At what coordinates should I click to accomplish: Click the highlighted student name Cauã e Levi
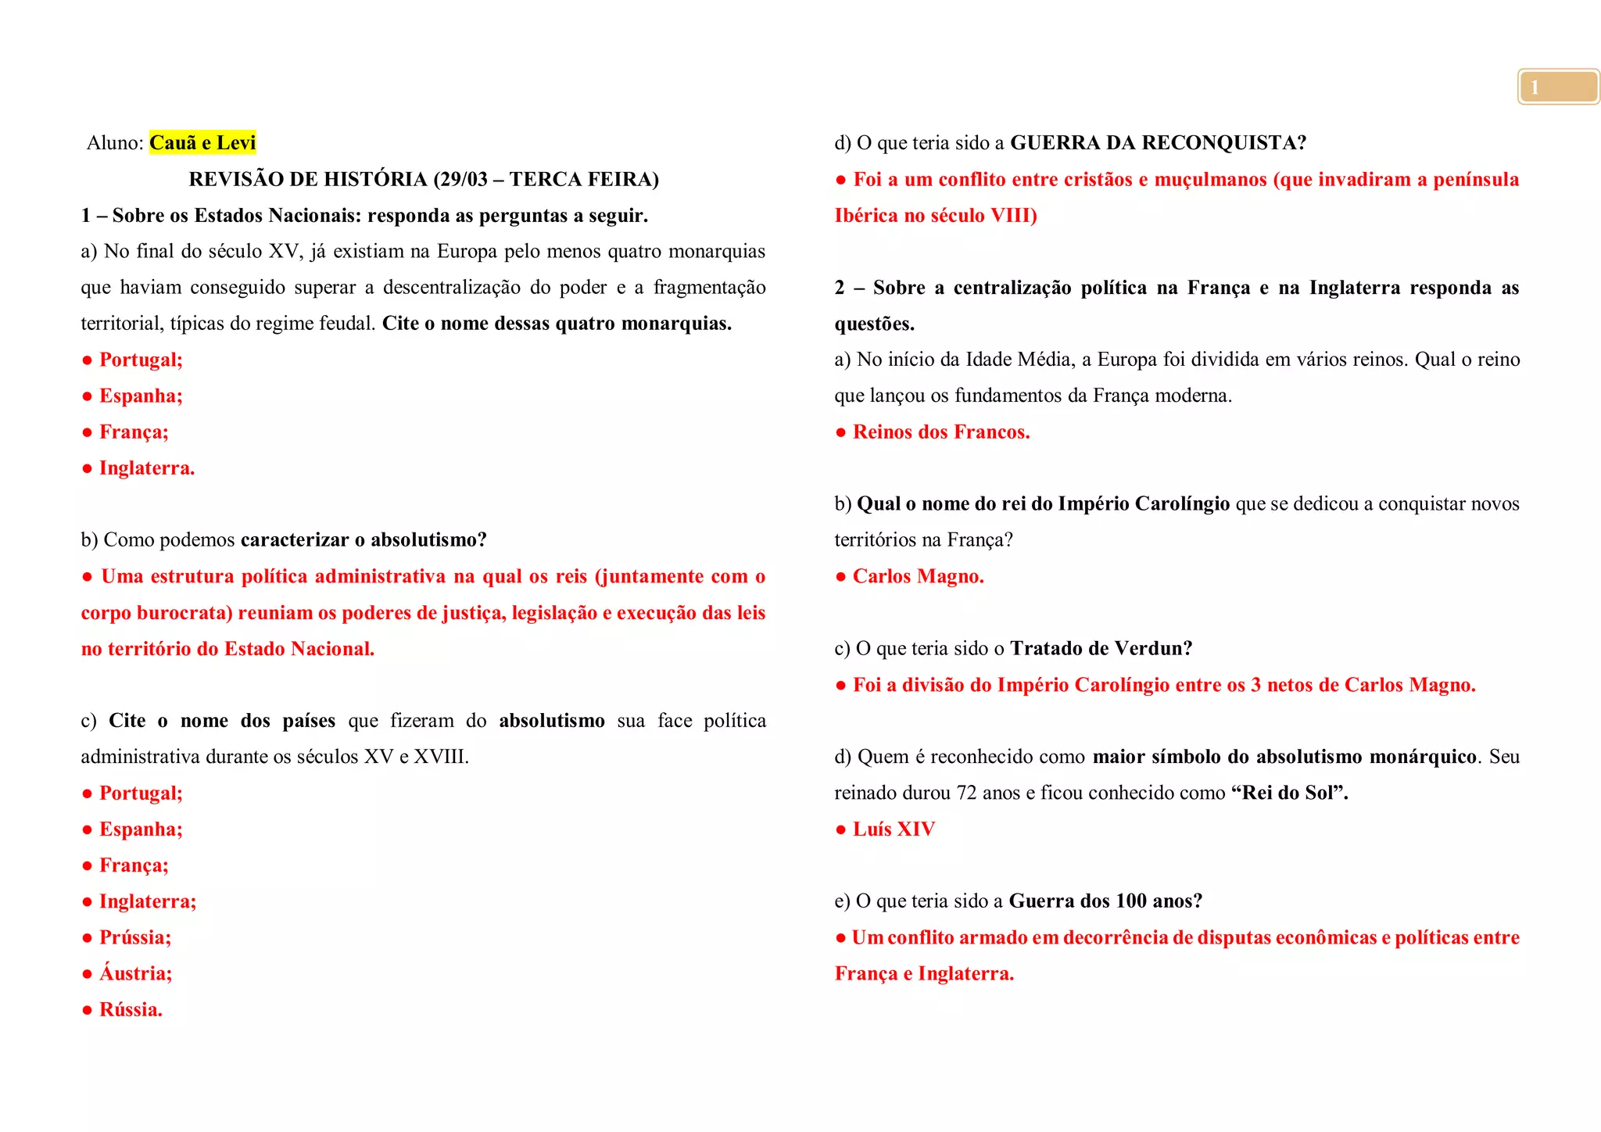(202, 143)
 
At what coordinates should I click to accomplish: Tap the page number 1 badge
(1558, 87)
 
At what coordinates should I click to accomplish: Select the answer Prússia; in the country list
(134, 937)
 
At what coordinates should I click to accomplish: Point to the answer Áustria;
(135, 973)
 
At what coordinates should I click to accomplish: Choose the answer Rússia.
(131, 1009)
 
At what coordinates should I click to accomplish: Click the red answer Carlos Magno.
(918, 576)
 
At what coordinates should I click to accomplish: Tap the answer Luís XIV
(894, 829)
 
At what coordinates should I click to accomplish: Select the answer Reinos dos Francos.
(941, 432)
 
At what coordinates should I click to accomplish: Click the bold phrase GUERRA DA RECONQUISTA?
(1158, 143)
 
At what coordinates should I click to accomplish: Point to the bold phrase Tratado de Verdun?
(1101, 649)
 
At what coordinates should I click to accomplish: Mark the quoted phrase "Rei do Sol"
(1289, 793)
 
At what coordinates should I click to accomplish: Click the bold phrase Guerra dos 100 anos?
(1105, 901)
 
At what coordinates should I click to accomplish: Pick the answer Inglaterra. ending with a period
(147, 468)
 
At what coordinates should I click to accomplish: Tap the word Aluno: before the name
(115, 143)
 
